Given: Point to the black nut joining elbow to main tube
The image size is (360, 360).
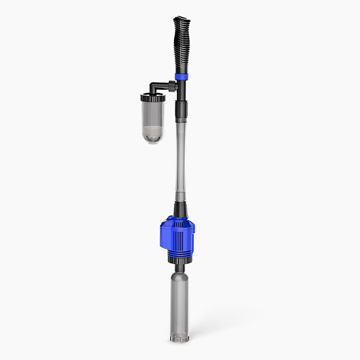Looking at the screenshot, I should pyautogui.click(x=171, y=85).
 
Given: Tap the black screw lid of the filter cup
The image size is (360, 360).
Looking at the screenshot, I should pyautogui.click(x=153, y=97).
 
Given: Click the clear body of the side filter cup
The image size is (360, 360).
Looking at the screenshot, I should pyautogui.click(x=153, y=115).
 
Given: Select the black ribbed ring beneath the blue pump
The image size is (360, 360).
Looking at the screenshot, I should pyautogui.click(x=180, y=260).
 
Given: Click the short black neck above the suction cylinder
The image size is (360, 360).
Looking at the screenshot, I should pyautogui.click(x=180, y=268).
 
